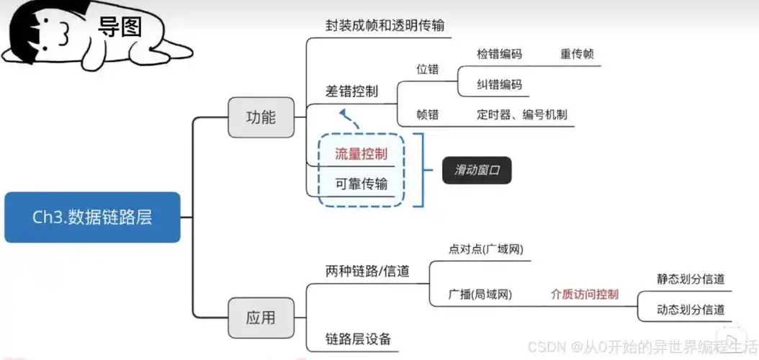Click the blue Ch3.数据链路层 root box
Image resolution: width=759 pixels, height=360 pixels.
pos(92,217)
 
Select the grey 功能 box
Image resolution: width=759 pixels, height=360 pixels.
pos(261,117)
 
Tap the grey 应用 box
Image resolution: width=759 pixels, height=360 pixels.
pos(261,318)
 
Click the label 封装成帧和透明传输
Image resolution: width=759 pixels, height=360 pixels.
pos(385,25)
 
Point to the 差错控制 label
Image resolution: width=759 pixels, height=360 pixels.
pos(351,91)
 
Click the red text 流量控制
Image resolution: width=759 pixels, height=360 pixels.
pos(361,153)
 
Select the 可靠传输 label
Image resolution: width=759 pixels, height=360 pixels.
pos(361,184)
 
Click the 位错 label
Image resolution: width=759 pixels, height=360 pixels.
pos(427,70)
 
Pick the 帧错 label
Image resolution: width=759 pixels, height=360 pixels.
pos(427,114)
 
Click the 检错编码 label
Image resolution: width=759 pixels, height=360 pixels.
pos(499,54)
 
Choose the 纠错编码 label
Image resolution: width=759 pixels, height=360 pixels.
pos(499,84)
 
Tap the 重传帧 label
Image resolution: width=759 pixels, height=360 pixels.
pos(577,54)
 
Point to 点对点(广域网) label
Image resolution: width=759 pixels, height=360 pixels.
pos(485,249)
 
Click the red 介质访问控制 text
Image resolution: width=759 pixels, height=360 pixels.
pos(584,294)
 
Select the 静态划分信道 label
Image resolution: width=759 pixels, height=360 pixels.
pos(690,279)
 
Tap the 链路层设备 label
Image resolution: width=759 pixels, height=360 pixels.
pos(358,338)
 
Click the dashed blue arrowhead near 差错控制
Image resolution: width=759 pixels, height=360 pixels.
pos(343,114)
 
